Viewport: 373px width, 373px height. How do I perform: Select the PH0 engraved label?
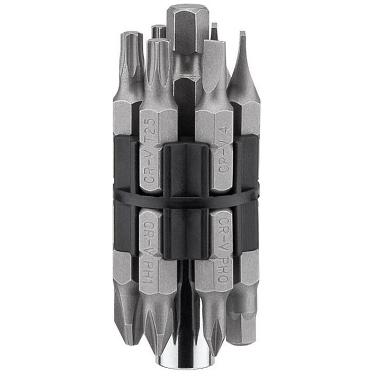coord(224,269)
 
